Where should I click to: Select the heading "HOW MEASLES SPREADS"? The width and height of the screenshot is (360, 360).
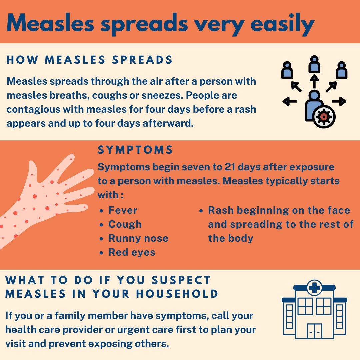90,60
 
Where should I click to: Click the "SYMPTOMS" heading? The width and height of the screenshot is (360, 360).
135,150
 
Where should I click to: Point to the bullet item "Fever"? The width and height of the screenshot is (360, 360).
123,210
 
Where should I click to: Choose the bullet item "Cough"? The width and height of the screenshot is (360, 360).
125,224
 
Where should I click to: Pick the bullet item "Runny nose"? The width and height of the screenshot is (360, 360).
138,238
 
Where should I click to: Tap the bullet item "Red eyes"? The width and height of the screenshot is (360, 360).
132,252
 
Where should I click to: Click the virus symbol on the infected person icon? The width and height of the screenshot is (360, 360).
323,116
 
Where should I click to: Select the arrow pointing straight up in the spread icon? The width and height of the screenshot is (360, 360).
314,81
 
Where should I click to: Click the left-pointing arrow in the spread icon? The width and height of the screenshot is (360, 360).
289,101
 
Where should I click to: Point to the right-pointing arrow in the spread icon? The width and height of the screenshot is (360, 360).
339,101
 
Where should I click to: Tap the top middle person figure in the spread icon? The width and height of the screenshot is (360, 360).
314,64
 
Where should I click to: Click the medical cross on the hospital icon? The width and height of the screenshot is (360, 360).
314,288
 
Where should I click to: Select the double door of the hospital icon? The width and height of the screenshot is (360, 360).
314,331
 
